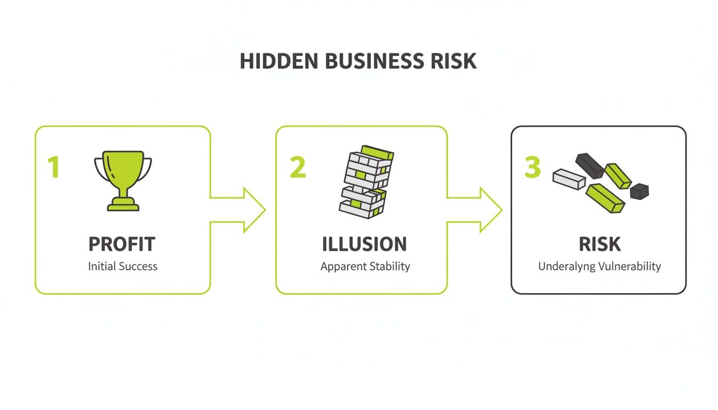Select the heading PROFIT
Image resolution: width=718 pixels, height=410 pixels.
click(x=122, y=245)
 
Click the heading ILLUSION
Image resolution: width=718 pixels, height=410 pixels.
click(x=364, y=245)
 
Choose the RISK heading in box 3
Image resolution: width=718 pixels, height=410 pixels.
click(x=600, y=245)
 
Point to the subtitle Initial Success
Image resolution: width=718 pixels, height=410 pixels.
click(x=123, y=266)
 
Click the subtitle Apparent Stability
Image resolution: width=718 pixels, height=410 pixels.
click(x=365, y=266)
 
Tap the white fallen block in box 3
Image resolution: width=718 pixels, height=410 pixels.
click(x=569, y=179)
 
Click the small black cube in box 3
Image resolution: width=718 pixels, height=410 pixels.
click(x=639, y=191)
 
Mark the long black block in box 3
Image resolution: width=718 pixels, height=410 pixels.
click(x=590, y=164)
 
